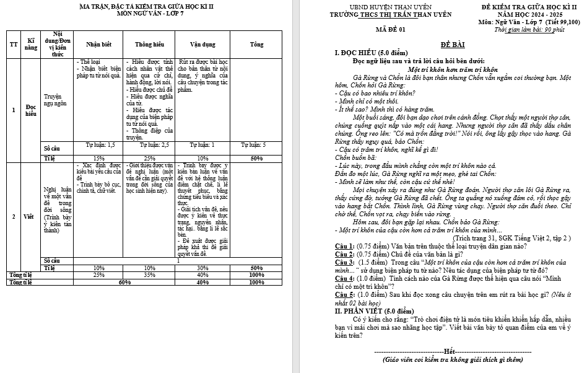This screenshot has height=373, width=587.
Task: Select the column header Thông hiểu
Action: (149, 44)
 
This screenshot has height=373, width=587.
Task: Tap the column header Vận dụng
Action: (202, 44)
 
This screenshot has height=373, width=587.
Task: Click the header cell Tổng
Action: (256, 44)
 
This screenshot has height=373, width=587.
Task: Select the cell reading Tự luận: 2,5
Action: (149, 144)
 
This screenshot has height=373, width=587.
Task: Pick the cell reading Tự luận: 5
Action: (256, 144)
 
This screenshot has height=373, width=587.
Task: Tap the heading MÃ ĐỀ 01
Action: (390, 29)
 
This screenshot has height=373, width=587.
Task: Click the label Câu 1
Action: (344, 246)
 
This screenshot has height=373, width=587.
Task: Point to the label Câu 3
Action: (344, 262)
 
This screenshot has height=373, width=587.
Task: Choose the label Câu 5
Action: (344, 295)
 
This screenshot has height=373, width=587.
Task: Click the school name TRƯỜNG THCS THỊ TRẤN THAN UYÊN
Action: (391, 14)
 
